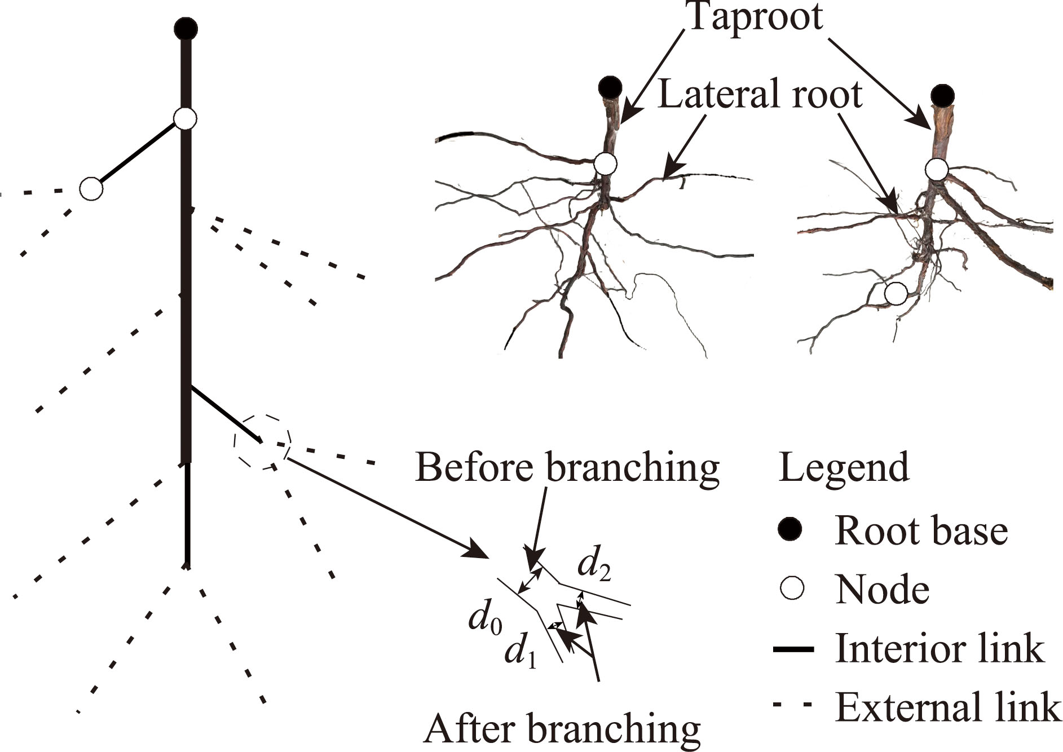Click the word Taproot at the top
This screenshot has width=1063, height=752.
point(754,17)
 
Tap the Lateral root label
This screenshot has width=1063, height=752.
point(760,95)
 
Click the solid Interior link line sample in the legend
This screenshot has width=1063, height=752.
point(793,649)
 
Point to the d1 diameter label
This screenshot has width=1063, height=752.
point(520,654)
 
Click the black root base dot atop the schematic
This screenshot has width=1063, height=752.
point(186,28)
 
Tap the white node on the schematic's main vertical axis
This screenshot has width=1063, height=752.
point(185,119)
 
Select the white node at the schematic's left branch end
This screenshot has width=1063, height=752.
point(91,189)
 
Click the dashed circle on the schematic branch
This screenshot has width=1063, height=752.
point(262,443)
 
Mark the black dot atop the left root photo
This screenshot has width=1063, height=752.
point(610,88)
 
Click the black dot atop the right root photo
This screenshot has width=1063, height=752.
point(942,96)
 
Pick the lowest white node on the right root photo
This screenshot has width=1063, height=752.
point(896,294)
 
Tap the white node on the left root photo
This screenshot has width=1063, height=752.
point(606,164)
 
